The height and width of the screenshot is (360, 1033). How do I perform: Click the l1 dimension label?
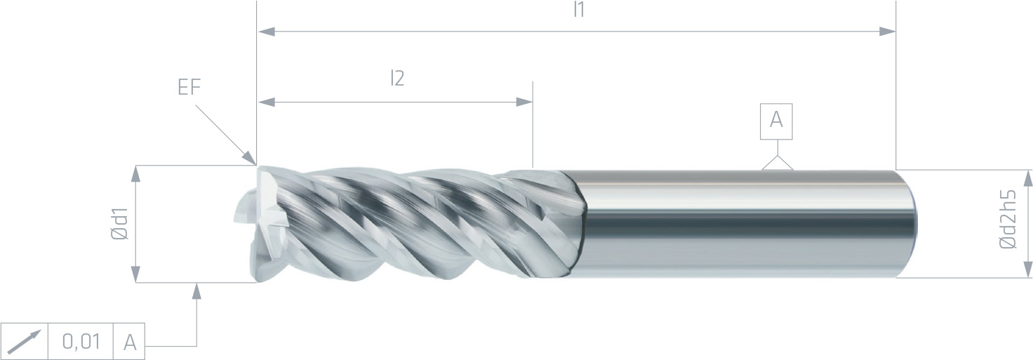click(579, 10)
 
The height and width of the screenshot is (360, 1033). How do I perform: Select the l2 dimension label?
click(397, 79)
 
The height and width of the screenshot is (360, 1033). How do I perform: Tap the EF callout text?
click(189, 86)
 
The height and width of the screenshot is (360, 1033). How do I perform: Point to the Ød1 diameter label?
click(120, 224)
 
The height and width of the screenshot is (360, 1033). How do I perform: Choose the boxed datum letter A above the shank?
click(776, 121)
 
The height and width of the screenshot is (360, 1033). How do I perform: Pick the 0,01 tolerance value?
click(81, 342)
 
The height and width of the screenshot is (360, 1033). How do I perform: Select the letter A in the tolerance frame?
click(130, 342)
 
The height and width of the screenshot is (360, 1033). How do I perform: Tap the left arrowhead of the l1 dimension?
click(267, 32)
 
